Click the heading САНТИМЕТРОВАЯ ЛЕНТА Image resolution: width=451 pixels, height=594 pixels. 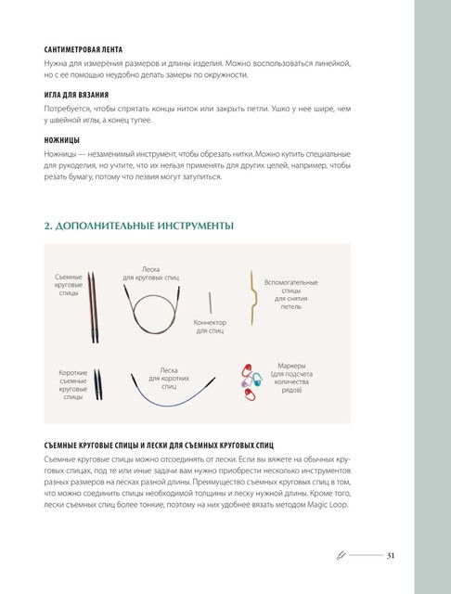coord(84,49)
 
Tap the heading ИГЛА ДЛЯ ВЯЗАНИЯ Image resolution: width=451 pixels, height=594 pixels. coord(76,95)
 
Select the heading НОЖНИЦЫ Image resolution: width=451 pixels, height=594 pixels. coord(62,140)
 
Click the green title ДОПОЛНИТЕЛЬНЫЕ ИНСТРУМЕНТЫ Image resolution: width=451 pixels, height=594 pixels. coord(139,226)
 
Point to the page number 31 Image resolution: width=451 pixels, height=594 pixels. coord(391,556)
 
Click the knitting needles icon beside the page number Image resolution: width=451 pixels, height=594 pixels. coord(341,556)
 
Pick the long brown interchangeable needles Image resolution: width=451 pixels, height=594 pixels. coord(93,307)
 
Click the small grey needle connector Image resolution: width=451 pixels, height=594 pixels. coord(210,303)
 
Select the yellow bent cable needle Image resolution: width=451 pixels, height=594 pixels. coord(251,298)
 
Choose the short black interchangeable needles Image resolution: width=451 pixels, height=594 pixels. coord(98,384)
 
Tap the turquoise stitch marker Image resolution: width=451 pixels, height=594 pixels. coord(257,380)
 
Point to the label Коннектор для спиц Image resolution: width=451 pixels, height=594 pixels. coord(210,327)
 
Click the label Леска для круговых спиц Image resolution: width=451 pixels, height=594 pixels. coord(150,274)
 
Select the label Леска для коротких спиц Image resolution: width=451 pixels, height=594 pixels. coord(169,379)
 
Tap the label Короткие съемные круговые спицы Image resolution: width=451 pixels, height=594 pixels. coord(72,385)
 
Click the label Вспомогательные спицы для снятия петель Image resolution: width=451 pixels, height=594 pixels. coord(290,294)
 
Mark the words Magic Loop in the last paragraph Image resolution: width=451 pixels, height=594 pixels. coord(327,505)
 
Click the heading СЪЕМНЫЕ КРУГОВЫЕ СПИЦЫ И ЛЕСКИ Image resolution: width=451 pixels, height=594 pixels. coord(159,445)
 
